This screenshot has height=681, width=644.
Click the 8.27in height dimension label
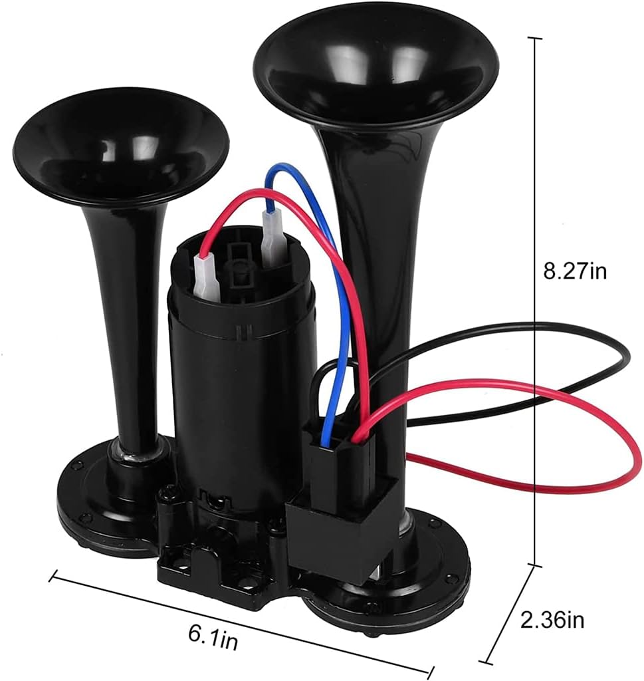pos(575,272)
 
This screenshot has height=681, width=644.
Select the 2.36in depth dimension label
pos(552,620)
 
